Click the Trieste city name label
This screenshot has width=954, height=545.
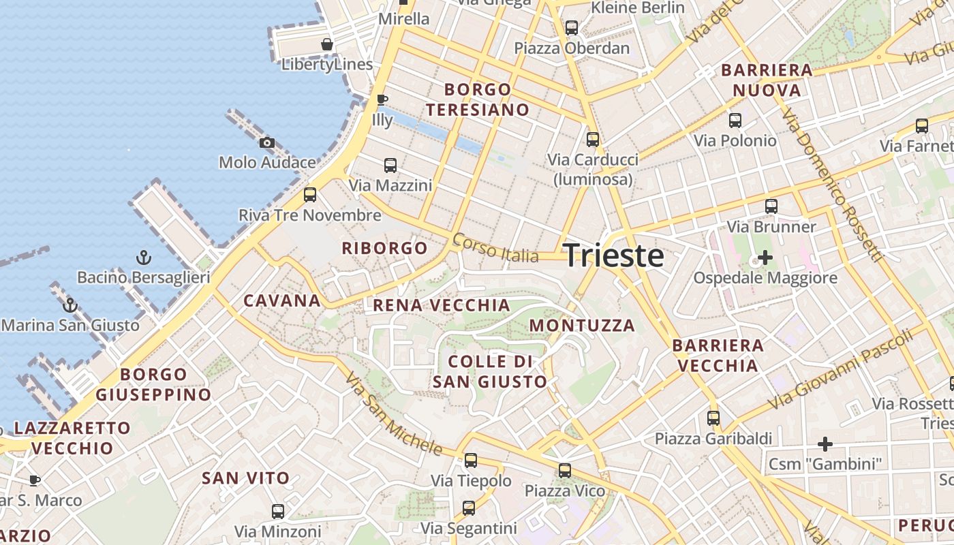tap(614, 255)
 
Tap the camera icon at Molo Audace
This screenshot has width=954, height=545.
tap(267, 142)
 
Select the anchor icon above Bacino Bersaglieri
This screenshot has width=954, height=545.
tap(143, 258)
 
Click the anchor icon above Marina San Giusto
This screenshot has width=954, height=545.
tap(70, 305)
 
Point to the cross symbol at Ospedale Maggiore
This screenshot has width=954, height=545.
tap(765, 258)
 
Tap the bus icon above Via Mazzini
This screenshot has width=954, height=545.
tap(390, 165)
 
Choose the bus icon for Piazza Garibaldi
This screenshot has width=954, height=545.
tap(713, 418)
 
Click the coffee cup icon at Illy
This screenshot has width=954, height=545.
tap(382, 99)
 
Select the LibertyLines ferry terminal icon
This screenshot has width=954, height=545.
tap(327, 44)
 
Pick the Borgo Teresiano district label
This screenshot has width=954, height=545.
tap(478, 99)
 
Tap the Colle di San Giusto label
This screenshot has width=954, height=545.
tap(490, 371)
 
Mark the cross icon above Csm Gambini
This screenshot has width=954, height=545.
tap(825, 444)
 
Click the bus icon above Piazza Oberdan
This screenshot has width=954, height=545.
tap(572, 28)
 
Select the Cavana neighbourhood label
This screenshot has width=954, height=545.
tap(282, 300)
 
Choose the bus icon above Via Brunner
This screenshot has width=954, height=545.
tap(771, 206)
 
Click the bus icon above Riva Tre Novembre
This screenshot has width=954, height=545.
tap(310, 195)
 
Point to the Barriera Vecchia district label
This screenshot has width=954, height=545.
tap(718, 356)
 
